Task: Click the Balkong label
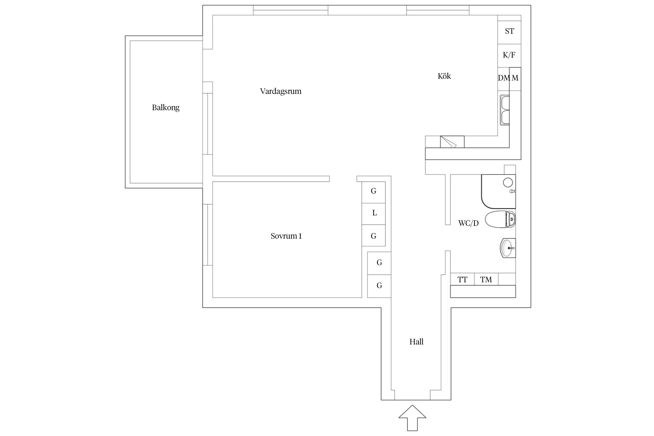[166, 108]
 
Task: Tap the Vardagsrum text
[280, 91]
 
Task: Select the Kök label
[444, 76]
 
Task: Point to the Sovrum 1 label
[286, 236]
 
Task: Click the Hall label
[416, 342]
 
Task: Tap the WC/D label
[468, 223]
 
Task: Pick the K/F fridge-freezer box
[509, 55]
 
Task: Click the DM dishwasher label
[504, 78]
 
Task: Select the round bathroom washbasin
[508, 248]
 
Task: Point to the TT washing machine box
[462, 279]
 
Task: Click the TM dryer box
[486, 279]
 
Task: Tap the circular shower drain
[508, 182]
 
